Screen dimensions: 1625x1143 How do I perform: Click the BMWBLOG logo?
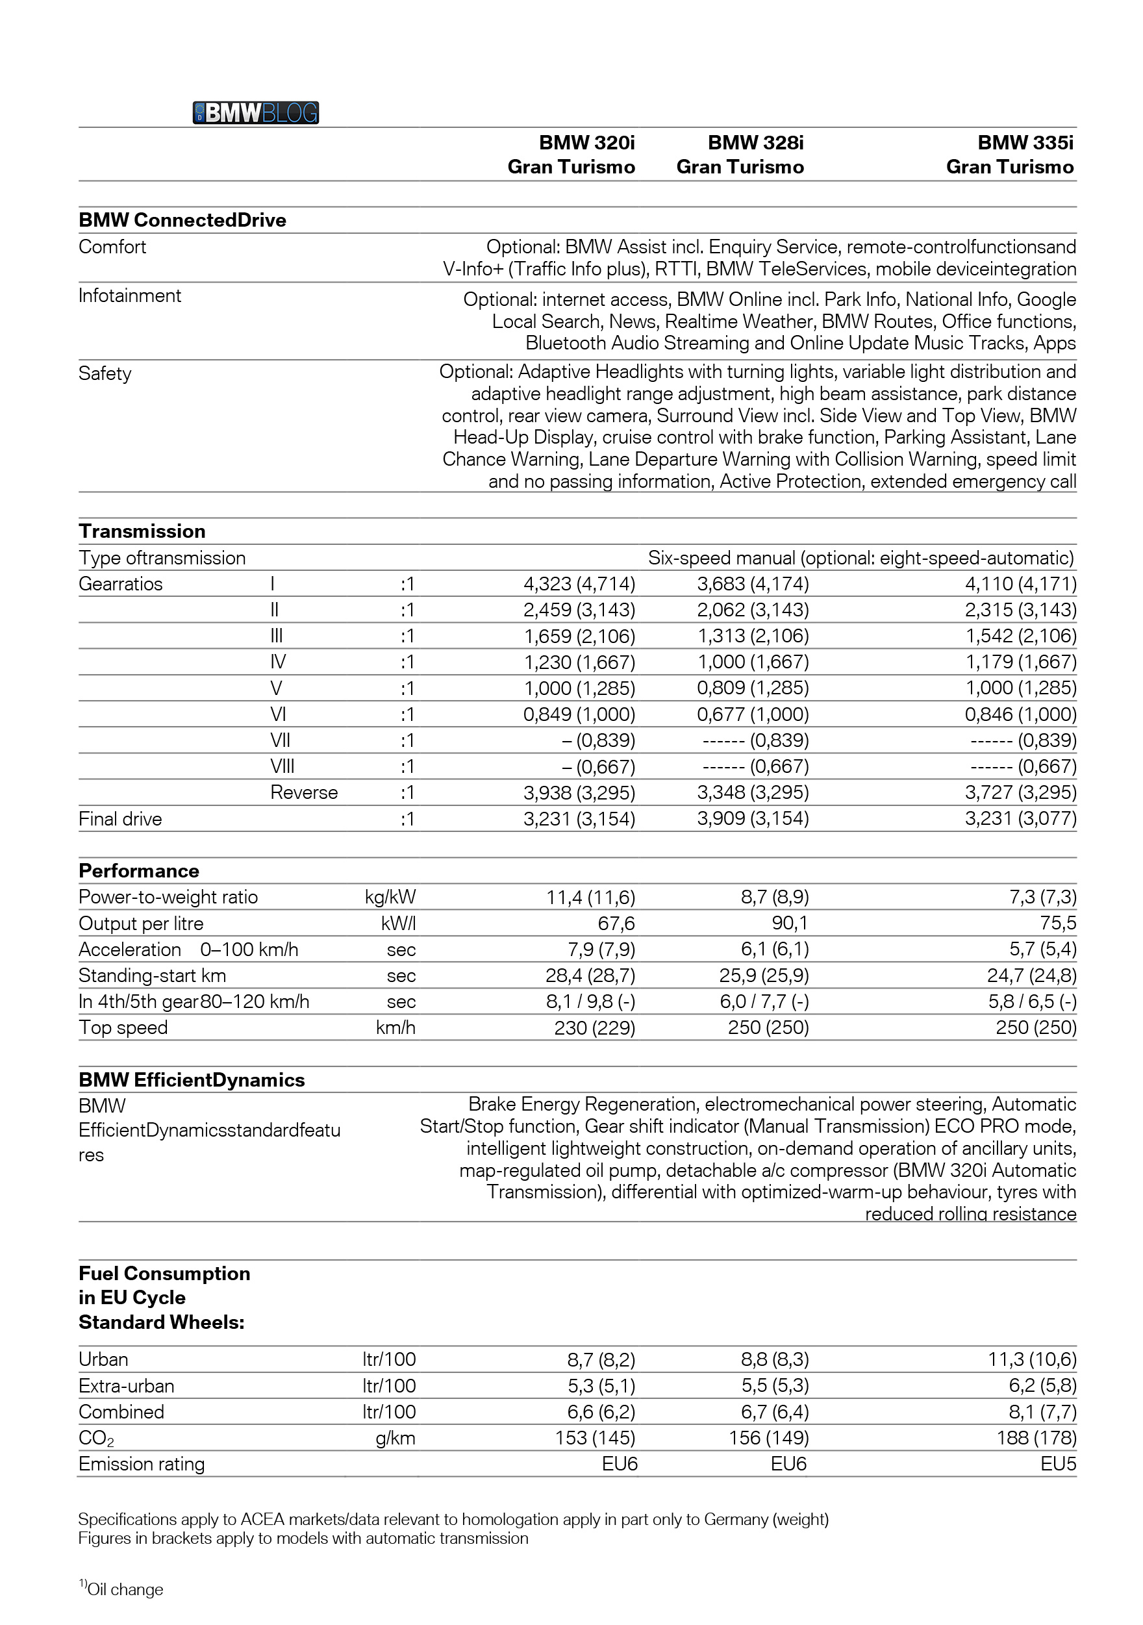(x=255, y=112)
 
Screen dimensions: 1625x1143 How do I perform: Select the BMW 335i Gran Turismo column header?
(x=1010, y=155)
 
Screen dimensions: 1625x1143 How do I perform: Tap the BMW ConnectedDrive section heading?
(x=182, y=220)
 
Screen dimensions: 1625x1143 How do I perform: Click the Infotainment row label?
(x=129, y=296)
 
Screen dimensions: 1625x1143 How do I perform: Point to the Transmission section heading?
(x=142, y=531)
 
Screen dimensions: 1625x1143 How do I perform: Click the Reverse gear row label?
(x=304, y=792)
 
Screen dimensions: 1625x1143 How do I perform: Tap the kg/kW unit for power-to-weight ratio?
(x=390, y=898)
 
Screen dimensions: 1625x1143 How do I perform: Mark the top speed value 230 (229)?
(x=594, y=1027)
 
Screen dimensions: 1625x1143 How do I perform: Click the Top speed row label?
(x=123, y=1027)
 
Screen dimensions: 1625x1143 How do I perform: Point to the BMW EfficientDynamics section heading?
(x=191, y=1080)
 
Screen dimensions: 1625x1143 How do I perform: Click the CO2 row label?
(x=96, y=1439)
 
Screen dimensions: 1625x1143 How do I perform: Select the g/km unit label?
(x=395, y=1439)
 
